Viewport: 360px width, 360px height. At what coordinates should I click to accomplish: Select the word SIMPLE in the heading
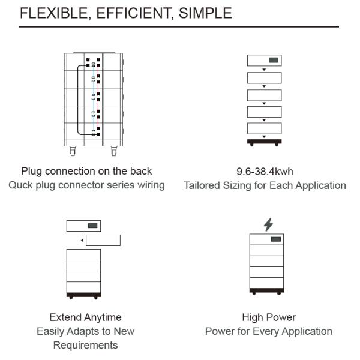tap(203, 13)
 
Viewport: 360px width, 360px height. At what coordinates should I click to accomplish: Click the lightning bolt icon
tap(268, 224)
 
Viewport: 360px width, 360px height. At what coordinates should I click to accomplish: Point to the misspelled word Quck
tap(22, 185)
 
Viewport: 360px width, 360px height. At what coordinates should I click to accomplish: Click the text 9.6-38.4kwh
tap(265, 172)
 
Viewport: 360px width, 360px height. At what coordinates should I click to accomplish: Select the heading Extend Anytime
tap(85, 317)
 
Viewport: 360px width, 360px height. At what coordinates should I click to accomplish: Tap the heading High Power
tap(269, 317)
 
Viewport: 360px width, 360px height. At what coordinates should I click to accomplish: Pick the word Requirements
tap(85, 345)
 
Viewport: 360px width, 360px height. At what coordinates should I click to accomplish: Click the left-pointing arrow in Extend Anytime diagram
tap(82, 241)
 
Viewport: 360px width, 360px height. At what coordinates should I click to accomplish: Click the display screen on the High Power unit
tap(275, 239)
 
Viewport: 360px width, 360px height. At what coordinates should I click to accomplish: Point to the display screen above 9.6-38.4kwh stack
tap(273, 61)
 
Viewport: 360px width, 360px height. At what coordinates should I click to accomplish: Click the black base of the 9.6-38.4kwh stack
tap(265, 142)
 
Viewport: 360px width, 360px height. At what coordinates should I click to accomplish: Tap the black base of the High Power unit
tap(266, 291)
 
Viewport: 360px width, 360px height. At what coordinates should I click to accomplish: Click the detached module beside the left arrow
tap(103, 241)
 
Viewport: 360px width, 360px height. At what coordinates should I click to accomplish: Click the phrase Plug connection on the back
tap(86, 172)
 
